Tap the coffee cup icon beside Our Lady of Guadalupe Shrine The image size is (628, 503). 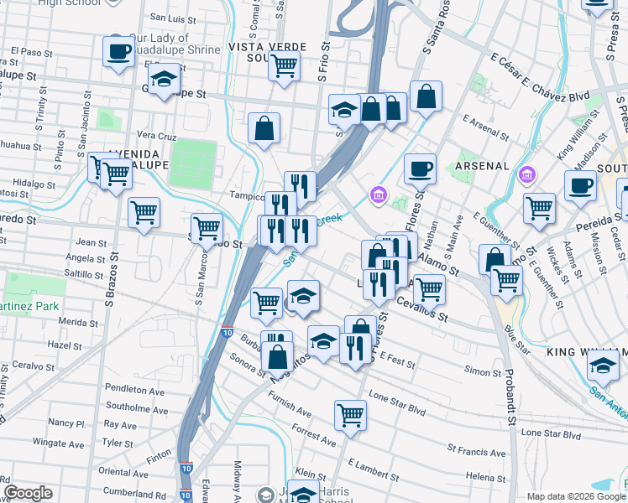118,51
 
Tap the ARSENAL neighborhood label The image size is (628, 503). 483,166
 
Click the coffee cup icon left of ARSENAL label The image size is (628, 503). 420,169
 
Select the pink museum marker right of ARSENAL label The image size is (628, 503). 526,176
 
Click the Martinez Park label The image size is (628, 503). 25,306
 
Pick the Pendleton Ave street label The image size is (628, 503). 134,390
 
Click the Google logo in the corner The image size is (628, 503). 29,493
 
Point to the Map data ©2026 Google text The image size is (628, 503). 569,496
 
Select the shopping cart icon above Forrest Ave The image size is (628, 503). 350,413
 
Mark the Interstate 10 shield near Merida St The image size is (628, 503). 228,333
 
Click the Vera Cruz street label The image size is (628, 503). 156,135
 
